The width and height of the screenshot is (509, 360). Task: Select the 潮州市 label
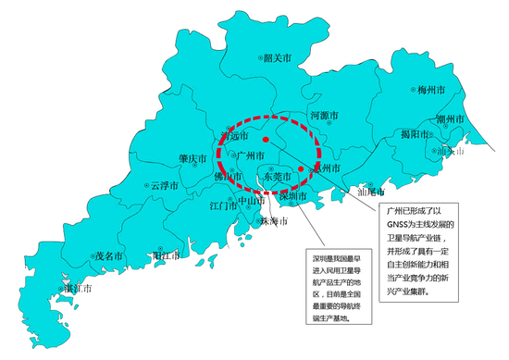454,119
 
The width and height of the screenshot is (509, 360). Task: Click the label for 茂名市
108,254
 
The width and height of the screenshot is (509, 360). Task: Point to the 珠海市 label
276,222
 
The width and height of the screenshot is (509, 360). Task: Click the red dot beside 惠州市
302,169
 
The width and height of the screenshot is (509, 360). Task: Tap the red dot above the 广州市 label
266,139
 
